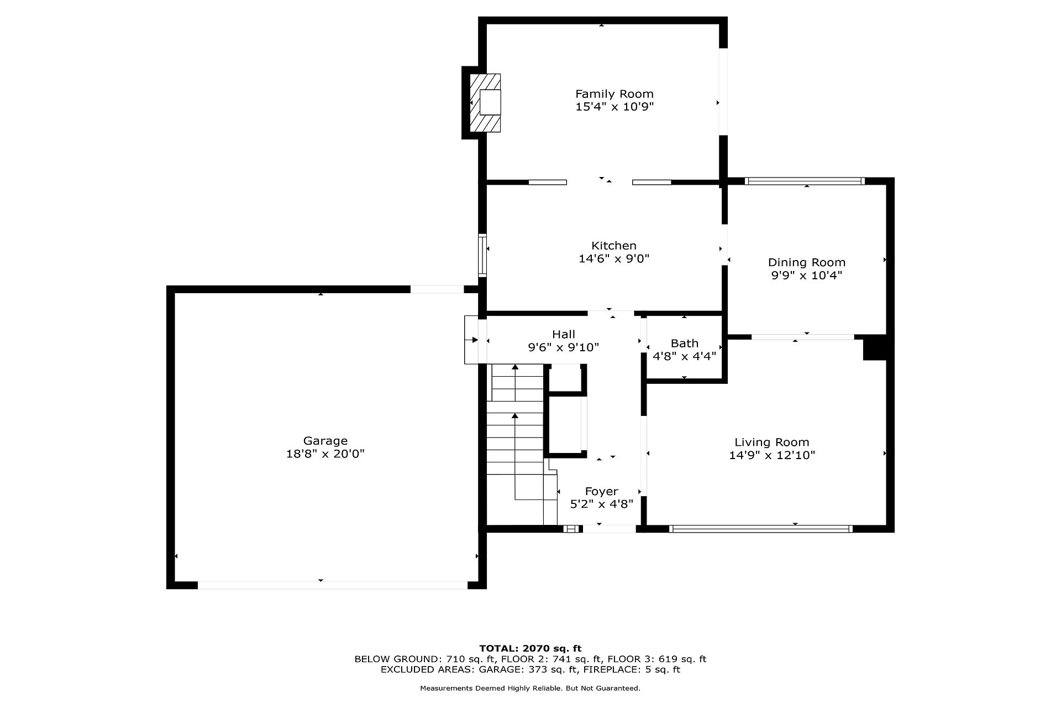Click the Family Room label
click(614, 94)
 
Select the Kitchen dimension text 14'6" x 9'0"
click(614, 259)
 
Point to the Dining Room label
click(807, 263)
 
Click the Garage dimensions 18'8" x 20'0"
click(325, 454)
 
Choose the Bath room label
click(685, 343)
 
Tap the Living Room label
click(772, 442)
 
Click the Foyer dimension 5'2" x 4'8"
click(602, 504)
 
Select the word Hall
click(564, 334)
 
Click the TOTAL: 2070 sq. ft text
click(530, 648)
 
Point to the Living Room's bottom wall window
click(760, 529)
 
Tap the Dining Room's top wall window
click(805, 181)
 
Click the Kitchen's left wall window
click(482, 256)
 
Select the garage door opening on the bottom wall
click(333, 585)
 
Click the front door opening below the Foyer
click(610, 529)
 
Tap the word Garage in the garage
click(325, 441)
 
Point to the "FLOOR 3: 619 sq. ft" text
click(657, 659)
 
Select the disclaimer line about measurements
click(530, 689)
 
